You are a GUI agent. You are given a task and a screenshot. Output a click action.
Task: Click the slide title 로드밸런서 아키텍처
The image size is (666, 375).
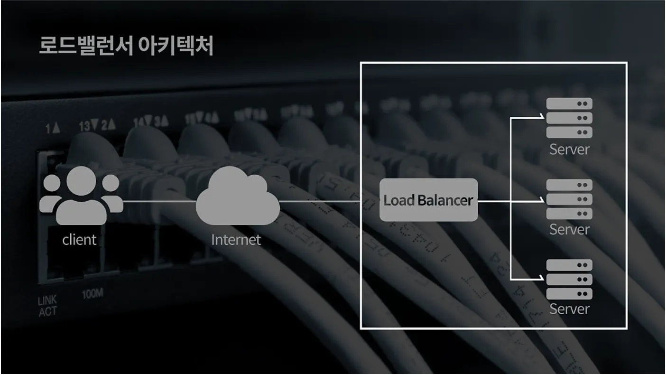(126, 46)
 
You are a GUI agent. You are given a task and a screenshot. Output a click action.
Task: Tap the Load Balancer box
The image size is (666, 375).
(428, 200)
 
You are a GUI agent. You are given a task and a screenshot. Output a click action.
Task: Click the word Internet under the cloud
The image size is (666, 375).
(236, 239)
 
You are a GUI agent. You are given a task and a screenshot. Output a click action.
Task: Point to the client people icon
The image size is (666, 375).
(81, 196)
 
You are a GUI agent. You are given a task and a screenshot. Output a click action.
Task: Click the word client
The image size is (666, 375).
(79, 240)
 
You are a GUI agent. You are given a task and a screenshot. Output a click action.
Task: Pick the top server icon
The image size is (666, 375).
(569, 118)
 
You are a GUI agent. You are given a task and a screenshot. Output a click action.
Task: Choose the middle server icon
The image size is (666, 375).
(569, 199)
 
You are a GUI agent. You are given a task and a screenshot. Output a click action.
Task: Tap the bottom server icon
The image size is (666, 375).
(569, 279)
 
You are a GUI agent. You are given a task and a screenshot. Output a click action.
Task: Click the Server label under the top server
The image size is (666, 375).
(569, 149)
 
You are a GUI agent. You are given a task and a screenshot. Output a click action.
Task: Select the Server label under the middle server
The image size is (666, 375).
(569, 229)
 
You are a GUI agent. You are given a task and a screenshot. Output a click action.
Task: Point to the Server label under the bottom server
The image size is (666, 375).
(569, 309)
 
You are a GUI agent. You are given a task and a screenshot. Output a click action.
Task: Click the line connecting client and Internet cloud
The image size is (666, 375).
(159, 201)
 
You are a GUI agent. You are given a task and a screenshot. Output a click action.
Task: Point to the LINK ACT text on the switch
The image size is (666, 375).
(47, 306)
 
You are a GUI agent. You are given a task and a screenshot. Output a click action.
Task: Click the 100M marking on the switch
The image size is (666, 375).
(92, 294)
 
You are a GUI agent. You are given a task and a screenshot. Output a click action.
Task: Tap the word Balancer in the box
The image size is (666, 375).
(445, 200)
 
